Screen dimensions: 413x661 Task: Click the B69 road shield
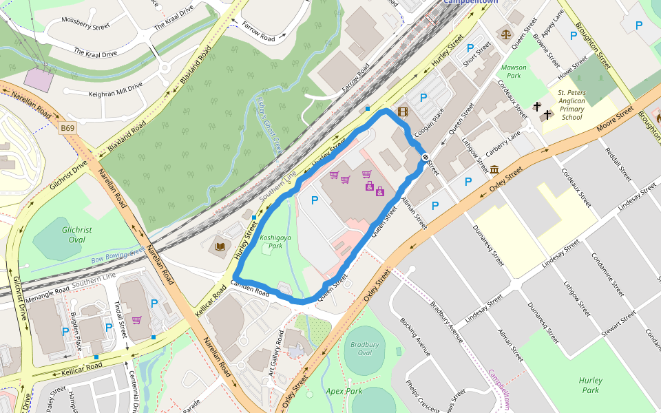click(67, 128)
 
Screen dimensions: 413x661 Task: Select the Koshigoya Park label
click(271, 241)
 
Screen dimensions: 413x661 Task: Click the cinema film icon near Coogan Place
click(403, 112)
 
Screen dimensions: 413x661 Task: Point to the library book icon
click(220, 246)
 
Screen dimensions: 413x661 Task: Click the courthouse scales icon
click(507, 32)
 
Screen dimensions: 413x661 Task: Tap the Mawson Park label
click(514, 72)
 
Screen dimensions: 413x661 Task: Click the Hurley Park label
click(590, 385)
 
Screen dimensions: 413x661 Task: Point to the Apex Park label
click(344, 391)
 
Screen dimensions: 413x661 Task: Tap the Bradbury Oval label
click(365, 349)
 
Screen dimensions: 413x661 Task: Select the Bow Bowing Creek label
click(118, 255)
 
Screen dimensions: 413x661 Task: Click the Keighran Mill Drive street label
click(115, 89)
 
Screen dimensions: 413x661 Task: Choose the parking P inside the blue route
click(315, 200)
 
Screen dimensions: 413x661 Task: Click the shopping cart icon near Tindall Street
click(137, 320)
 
